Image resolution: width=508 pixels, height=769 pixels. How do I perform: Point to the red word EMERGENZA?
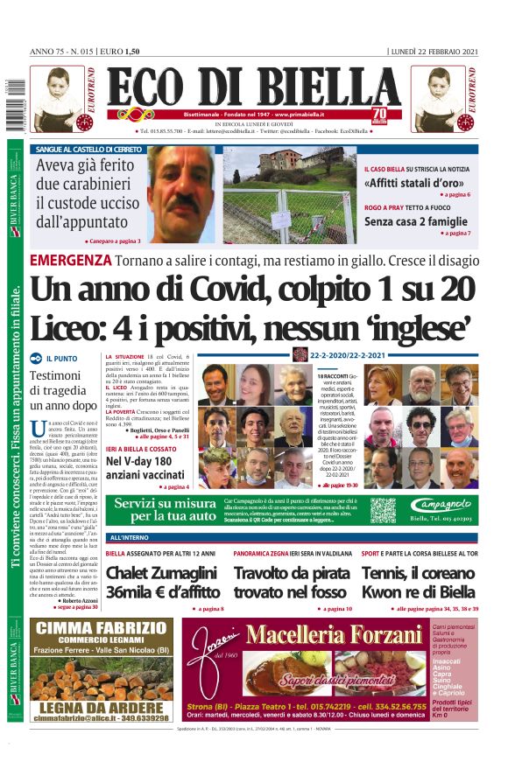[x=70, y=260]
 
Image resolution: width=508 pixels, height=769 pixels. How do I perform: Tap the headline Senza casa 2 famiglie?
[x=417, y=222]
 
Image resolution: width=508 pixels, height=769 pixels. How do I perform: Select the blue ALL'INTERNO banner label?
[x=127, y=536]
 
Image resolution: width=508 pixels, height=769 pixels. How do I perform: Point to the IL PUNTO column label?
[x=60, y=359]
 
